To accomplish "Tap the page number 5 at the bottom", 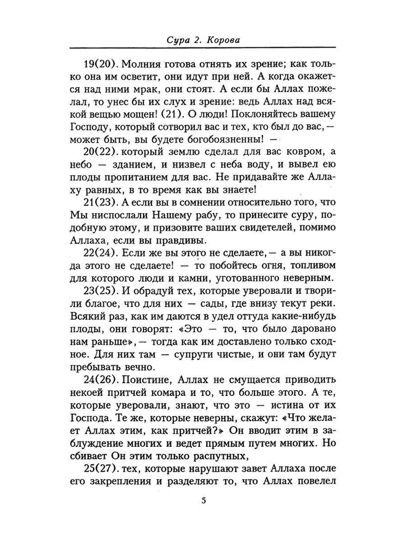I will pos(203,500).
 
